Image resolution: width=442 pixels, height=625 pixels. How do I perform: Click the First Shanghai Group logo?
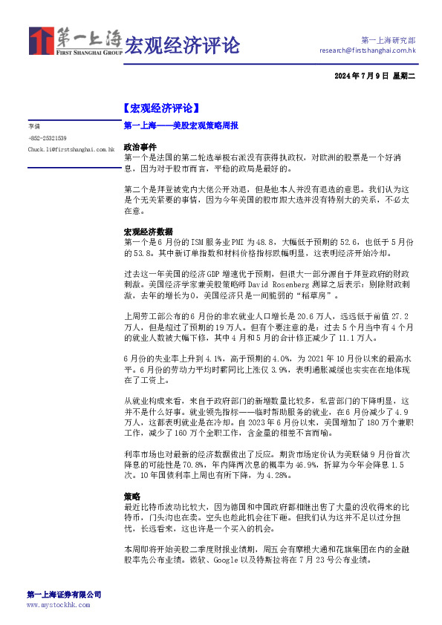[x=75, y=42]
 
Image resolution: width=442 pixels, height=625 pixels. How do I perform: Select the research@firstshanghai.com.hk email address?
[x=367, y=50]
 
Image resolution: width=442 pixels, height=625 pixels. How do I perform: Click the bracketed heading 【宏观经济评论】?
[x=160, y=107]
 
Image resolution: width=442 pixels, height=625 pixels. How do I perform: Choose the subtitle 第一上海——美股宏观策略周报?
[x=181, y=126]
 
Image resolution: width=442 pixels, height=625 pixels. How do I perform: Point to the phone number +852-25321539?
[x=48, y=138]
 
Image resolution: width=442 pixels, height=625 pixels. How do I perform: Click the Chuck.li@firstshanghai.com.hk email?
[x=71, y=149]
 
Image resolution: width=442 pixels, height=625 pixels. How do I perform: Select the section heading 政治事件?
[x=140, y=147]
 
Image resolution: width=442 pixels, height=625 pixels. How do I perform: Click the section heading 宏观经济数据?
[x=148, y=232]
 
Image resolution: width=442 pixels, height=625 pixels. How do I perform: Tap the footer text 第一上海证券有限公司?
[x=64, y=595]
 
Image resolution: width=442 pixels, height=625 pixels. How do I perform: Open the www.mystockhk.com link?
[x=58, y=605]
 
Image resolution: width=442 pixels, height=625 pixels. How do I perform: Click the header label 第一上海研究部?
[x=388, y=40]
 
